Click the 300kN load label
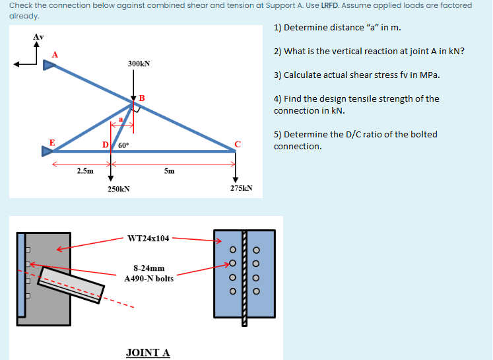coord(139,63)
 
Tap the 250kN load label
coord(119,189)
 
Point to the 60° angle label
coord(123,144)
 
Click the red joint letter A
coord(55,54)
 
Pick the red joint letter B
coord(141,99)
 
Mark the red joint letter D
coord(105,145)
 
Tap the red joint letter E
coord(52,141)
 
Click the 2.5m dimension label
coord(84,170)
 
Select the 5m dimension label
coord(169,170)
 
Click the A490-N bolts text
coord(149,278)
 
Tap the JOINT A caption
coord(148,352)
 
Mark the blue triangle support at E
coord(46,151)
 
